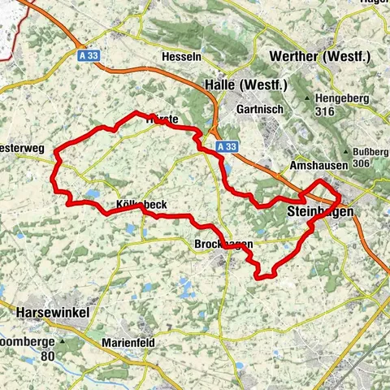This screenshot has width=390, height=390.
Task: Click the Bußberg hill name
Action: pos(370,150)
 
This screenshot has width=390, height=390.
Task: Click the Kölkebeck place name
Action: pos(141,205)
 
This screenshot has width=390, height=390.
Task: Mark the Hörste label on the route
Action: pos(159,119)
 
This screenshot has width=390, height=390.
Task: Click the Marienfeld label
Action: pos(128,342)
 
